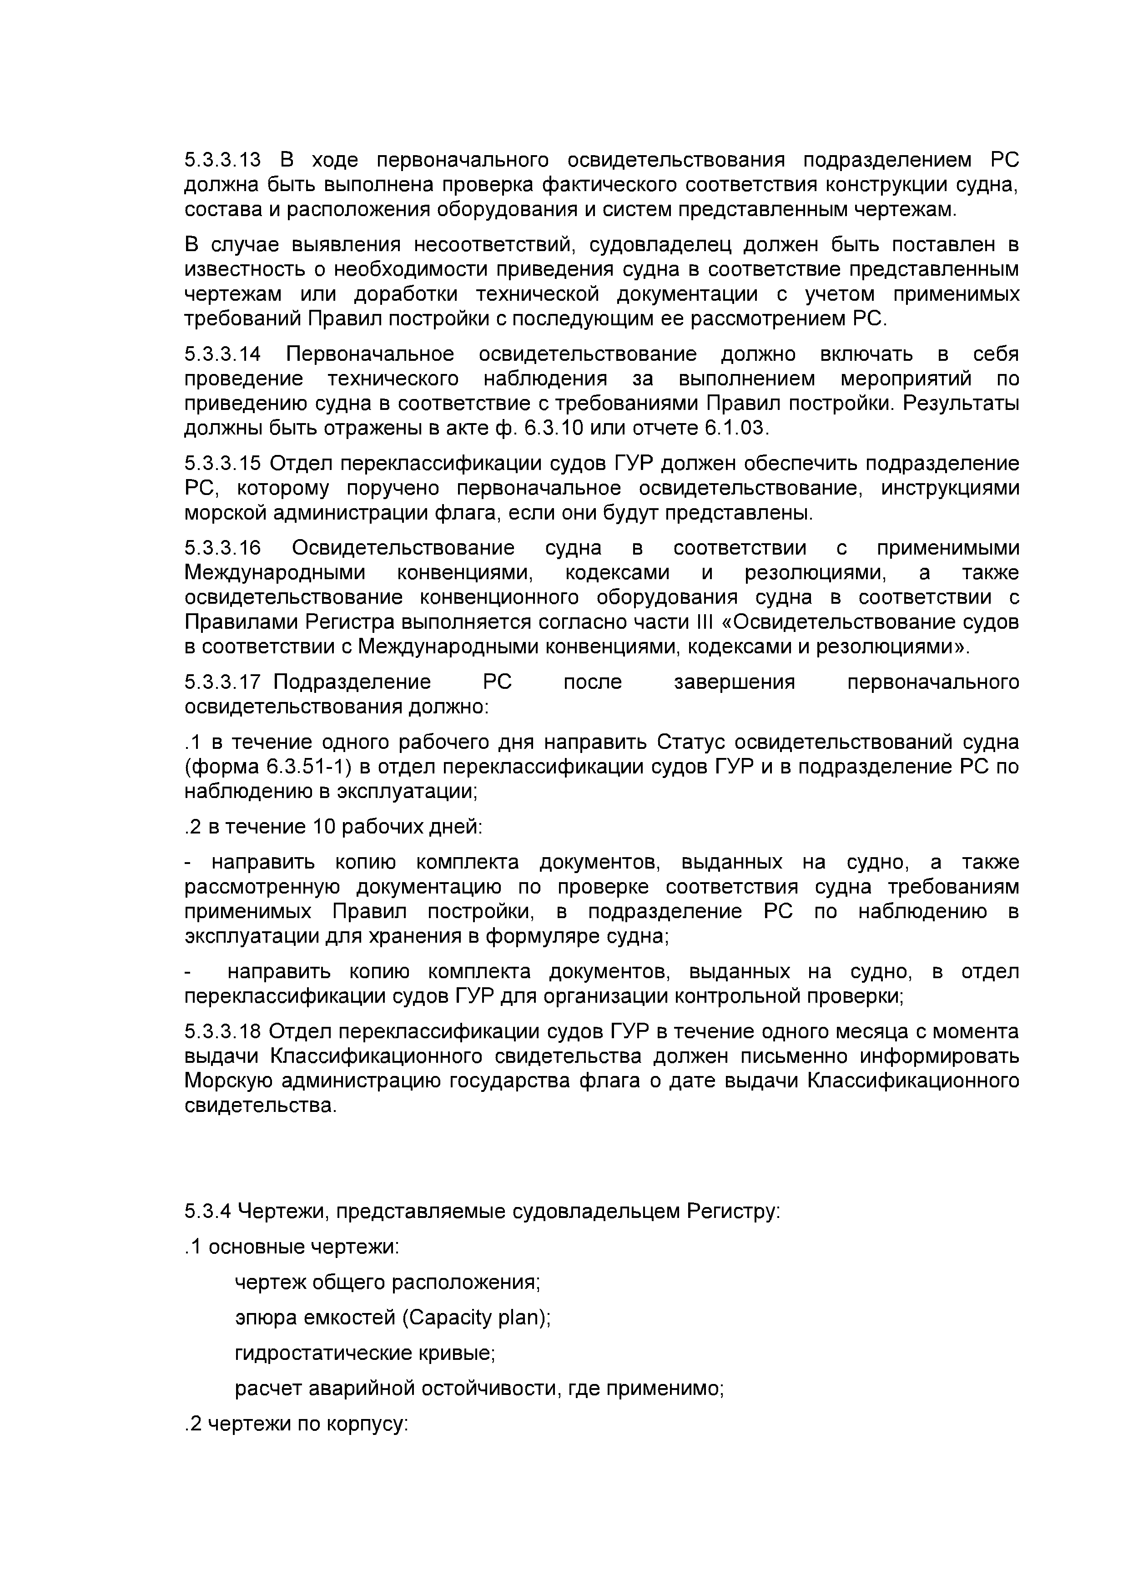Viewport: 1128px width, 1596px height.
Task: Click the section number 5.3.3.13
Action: pyautogui.click(x=222, y=161)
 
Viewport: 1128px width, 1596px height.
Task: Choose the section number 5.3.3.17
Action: pyautogui.click(x=222, y=682)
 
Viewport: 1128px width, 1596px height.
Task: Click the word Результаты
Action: pyautogui.click(x=961, y=404)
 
